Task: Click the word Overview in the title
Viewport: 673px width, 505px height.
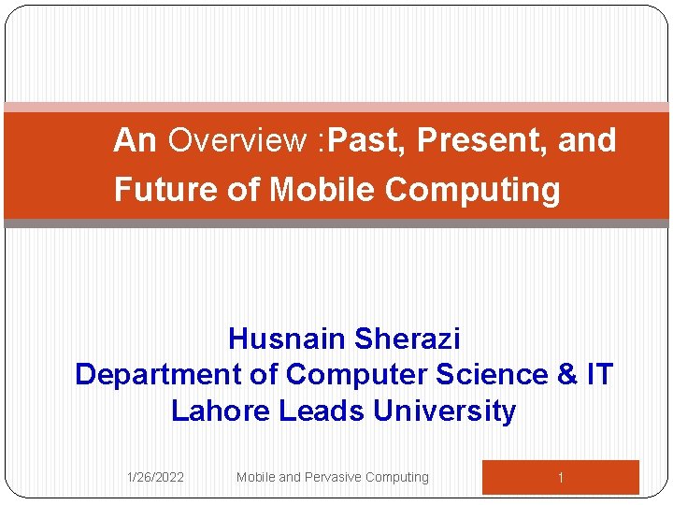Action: [x=237, y=141]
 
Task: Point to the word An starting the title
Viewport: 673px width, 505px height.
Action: [x=135, y=141]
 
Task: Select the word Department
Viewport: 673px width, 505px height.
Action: [x=158, y=375]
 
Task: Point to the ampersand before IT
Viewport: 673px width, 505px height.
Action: [x=566, y=374]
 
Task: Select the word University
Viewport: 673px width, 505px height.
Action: [x=444, y=411]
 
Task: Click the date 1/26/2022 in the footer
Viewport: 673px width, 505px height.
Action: [x=155, y=477]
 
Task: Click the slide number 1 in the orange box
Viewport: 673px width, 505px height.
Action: [x=560, y=478]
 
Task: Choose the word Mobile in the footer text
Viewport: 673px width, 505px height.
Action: [x=255, y=477]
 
